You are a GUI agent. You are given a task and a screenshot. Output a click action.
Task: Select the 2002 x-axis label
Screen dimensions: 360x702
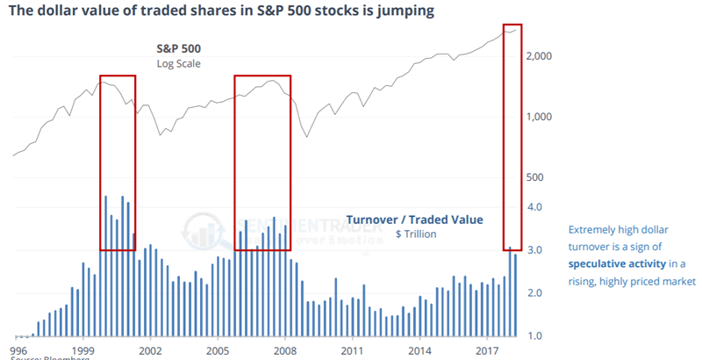click(150, 349)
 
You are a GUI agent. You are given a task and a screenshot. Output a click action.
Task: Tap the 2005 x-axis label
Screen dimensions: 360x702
click(217, 349)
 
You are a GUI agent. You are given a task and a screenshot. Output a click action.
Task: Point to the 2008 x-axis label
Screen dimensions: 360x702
click(284, 349)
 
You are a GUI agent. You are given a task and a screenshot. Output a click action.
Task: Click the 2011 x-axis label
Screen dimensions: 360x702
click(352, 349)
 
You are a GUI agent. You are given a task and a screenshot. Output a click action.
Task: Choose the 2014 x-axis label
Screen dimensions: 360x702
click(419, 349)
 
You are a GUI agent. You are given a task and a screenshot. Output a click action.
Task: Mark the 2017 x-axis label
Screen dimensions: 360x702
click(487, 349)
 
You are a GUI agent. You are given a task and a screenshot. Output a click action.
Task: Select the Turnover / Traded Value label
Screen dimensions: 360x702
click(415, 220)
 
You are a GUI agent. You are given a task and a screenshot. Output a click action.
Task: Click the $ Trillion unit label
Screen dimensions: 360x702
click(416, 234)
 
